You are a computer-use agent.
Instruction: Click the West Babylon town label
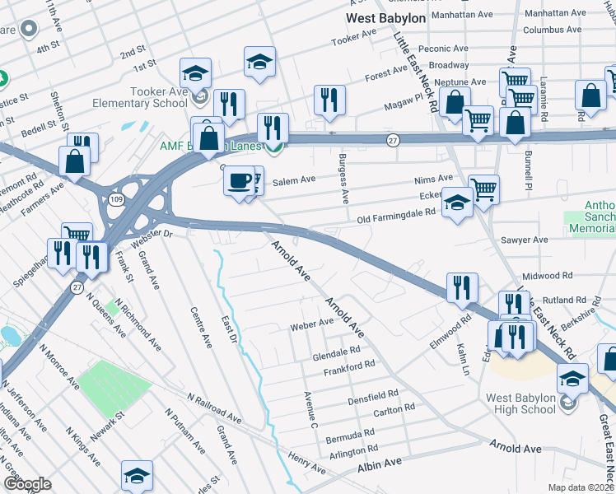385,17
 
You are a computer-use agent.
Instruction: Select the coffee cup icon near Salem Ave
239,179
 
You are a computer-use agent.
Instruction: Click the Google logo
27,484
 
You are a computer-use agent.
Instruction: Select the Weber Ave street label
311,326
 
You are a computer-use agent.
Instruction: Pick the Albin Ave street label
379,465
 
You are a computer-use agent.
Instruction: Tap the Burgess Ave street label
344,178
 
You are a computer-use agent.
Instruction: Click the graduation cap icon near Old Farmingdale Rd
457,203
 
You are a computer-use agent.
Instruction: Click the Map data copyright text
581,487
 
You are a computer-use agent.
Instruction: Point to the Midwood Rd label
546,275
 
